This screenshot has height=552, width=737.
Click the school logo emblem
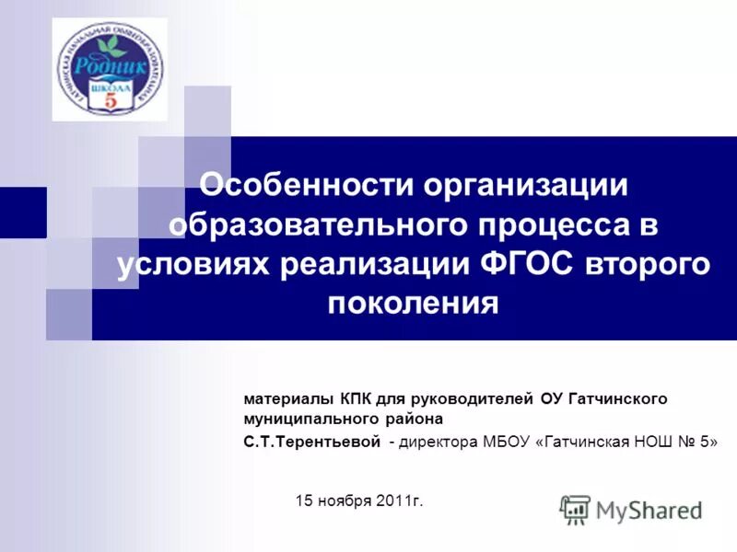(110, 69)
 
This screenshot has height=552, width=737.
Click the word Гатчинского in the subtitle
(618, 399)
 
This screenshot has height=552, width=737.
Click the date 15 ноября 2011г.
(359, 500)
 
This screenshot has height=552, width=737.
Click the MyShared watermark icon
(575, 509)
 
